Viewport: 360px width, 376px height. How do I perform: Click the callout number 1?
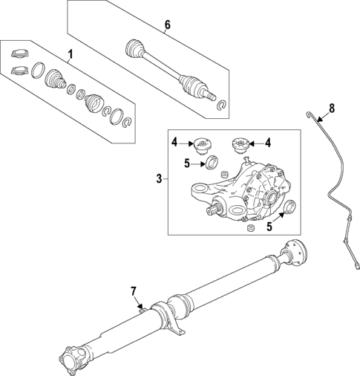[x=71, y=54]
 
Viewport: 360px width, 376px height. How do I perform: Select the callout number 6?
[x=167, y=25]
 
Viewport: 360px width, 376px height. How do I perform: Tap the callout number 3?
[x=159, y=178]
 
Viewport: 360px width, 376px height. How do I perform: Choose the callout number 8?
[x=332, y=108]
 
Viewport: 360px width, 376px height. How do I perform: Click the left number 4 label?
[x=174, y=141]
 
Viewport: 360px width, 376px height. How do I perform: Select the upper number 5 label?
[x=188, y=163]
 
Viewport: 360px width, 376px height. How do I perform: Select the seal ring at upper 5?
[x=211, y=163]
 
